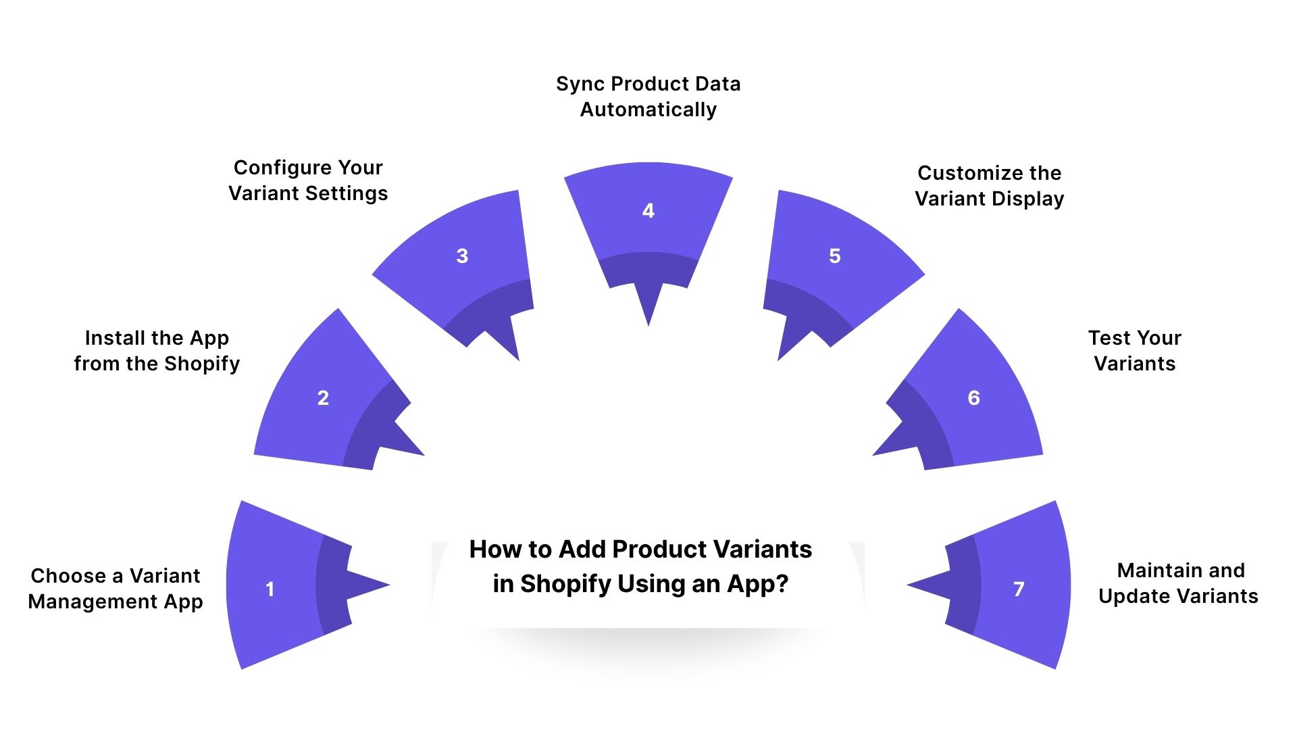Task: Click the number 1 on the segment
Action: coord(270,589)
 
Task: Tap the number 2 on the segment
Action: coord(323,398)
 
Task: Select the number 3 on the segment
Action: coord(462,256)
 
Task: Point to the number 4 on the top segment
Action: coord(648,211)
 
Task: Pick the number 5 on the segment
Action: coord(835,256)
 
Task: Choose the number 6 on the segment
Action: coord(973,398)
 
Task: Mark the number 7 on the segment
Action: coord(1019,589)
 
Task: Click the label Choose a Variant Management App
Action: coord(116,589)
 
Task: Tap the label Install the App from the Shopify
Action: coord(157,351)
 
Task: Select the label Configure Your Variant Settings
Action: coord(308,180)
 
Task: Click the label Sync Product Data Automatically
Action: coord(648,97)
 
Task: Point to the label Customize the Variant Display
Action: coord(990,186)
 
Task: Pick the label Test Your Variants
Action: coord(1135,351)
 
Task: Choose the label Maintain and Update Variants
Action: coord(1179,583)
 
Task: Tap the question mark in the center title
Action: coord(782,584)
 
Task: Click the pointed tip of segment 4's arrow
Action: coord(648,324)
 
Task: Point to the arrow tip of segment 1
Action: coord(388,585)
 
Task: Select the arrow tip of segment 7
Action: coord(909,585)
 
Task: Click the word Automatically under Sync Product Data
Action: coord(648,109)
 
